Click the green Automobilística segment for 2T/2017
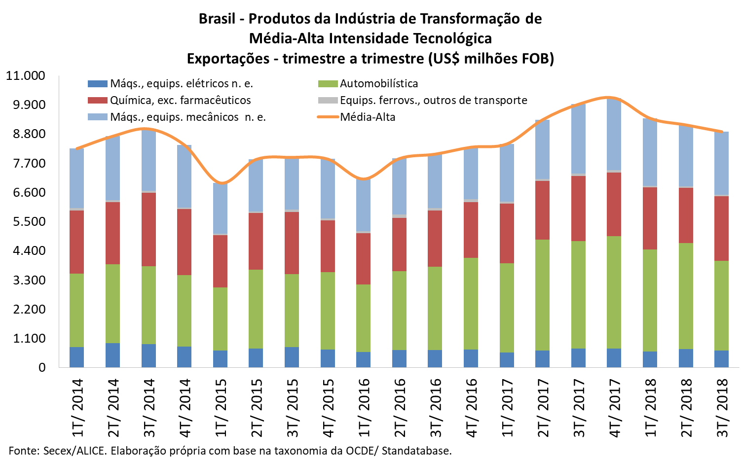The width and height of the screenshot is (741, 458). tap(543, 295)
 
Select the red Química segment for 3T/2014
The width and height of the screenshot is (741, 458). tap(148, 229)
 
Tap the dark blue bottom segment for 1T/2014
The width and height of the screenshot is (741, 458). tap(76, 357)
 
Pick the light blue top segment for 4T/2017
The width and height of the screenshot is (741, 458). tap(614, 134)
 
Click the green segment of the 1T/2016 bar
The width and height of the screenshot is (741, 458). tap(364, 318)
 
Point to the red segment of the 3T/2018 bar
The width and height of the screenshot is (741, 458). tap(722, 228)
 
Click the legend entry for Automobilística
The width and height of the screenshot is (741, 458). tap(378, 84)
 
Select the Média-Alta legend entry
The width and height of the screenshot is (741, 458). tap(368, 117)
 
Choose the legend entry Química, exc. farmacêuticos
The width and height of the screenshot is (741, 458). tap(180, 101)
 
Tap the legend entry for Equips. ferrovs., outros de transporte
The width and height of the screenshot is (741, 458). tap(433, 101)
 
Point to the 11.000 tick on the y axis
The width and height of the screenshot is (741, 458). tap(26, 76)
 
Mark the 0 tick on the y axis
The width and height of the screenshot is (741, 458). tap(42, 367)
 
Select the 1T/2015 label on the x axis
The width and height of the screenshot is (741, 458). tap(221, 408)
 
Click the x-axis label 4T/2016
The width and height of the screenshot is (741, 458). tap(471, 408)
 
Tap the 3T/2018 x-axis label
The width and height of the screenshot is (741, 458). tap(722, 408)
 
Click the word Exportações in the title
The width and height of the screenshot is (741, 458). tap(228, 59)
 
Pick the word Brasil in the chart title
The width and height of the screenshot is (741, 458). tap(217, 19)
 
